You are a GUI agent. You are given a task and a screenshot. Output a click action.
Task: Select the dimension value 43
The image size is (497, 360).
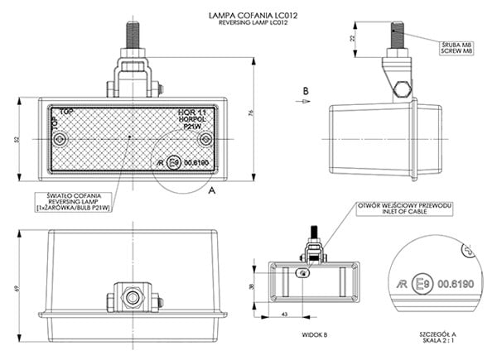coord(285,314)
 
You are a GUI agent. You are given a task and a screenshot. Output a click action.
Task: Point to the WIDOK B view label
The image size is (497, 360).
coord(313,335)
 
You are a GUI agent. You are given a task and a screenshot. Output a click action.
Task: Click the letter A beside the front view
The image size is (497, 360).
coord(213,190)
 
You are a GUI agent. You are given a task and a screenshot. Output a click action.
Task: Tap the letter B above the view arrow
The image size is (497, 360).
coord(305,90)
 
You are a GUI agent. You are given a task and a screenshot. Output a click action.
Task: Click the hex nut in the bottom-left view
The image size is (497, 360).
coord(131,295)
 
